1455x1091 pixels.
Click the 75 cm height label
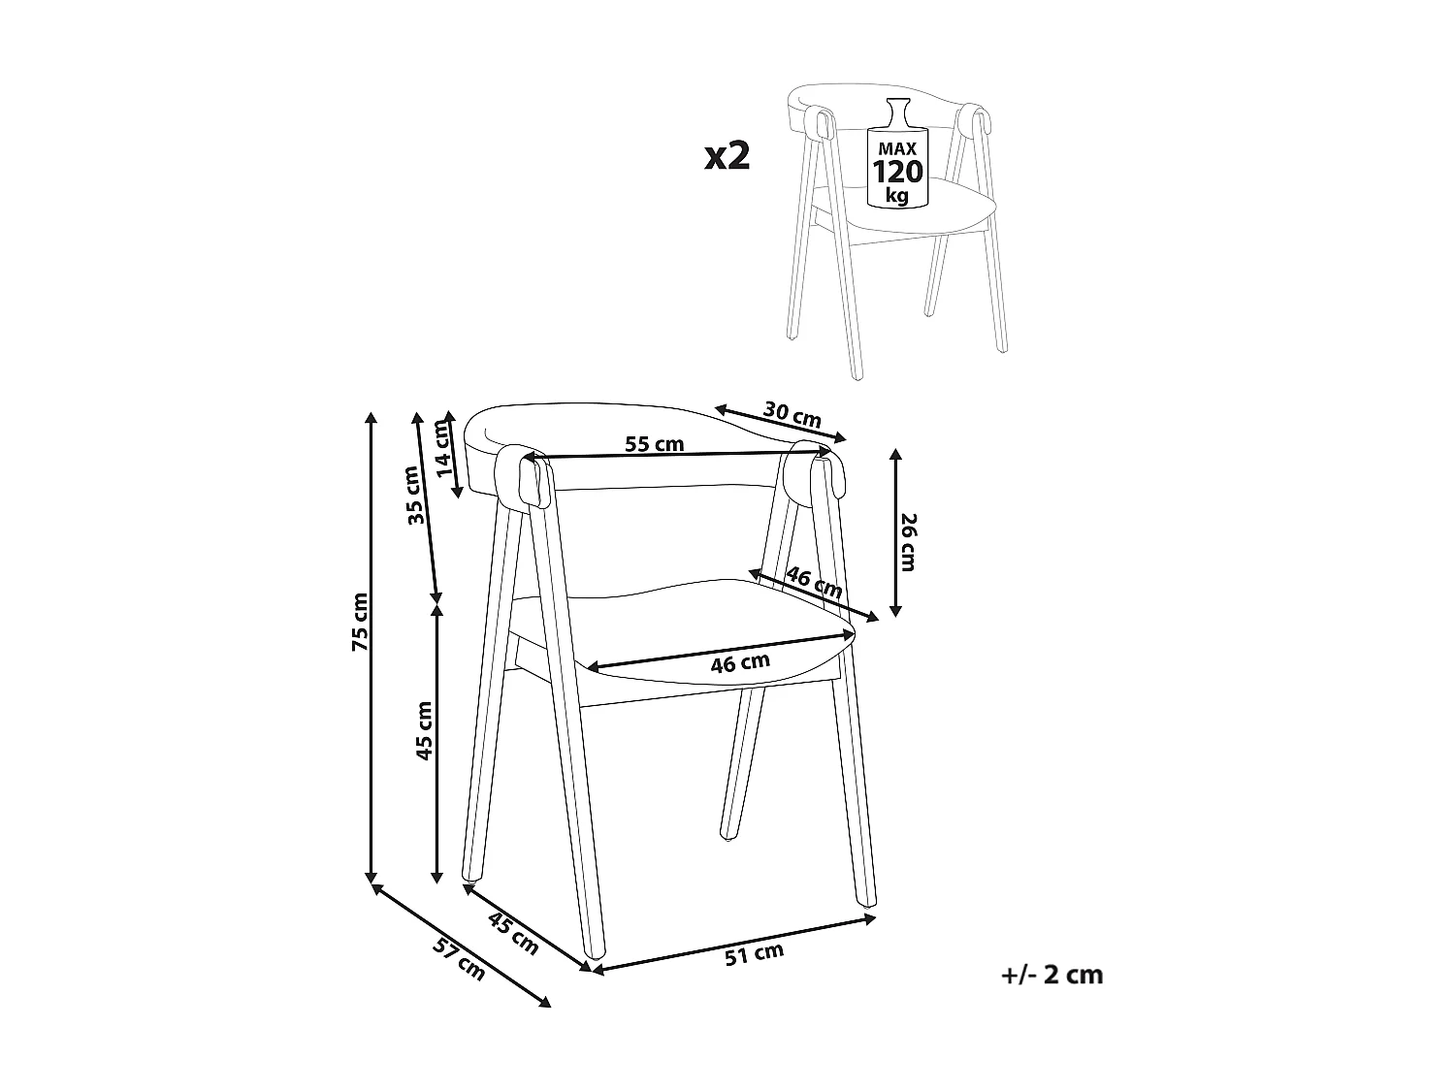[360, 621]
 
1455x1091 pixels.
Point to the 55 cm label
[654, 444]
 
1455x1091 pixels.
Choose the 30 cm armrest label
[792, 414]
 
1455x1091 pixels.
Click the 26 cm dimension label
[908, 542]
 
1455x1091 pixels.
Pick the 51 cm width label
[754, 954]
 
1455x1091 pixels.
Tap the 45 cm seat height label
[424, 730]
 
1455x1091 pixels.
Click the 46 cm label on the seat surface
[740, 663]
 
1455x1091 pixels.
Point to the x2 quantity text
[727, 155]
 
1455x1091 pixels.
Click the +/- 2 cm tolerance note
[1051, 975]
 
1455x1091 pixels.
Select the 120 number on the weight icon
[898, 173]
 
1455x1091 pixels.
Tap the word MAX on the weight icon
[898, 149]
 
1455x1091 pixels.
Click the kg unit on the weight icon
[897, 196]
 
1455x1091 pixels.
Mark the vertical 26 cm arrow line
[896, 533]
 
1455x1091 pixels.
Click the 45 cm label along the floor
[512, 934]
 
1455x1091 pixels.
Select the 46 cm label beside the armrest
[814, 582]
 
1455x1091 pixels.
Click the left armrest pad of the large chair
[525, 476]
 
